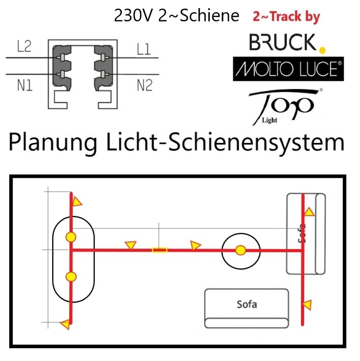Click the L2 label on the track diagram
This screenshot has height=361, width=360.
coord(24,46)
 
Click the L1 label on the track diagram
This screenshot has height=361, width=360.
coord(144,49)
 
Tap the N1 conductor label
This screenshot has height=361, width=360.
coord(25,85)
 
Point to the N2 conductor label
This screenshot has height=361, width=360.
coord(145,85)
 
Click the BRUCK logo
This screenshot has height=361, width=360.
coord(283,42)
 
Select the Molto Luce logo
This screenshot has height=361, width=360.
coord(288,69)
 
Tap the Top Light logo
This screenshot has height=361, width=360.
coord(285,107)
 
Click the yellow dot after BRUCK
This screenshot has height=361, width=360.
coord(322,50)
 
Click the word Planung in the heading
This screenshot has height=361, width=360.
coord(53,143)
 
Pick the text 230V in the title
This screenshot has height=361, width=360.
coord(134,16)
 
